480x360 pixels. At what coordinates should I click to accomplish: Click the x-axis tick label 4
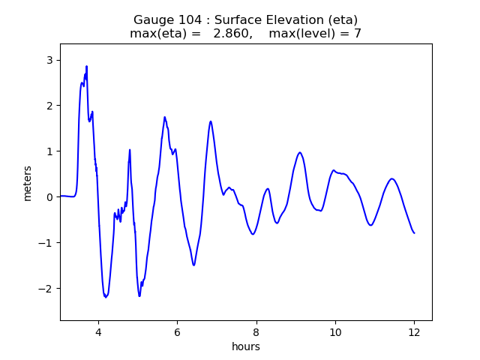(98, 332)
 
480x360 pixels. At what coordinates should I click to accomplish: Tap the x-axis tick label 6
(177, 332)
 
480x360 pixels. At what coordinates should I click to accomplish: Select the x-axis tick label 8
(256, 332)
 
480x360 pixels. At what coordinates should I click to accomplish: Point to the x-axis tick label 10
(335, 332)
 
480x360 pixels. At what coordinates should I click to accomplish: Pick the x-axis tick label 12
(414, 332)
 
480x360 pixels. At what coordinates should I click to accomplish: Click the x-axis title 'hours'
(246, 346)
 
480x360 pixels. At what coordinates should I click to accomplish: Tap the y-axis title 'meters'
(28, 182)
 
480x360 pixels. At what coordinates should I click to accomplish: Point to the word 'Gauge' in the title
(152, 19)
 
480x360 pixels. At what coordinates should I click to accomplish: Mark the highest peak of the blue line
(87, 66)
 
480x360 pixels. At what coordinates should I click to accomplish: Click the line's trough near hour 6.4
(193, 265)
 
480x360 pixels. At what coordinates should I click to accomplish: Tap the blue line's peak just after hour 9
(300, 152)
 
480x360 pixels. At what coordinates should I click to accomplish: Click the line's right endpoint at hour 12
(414, 232)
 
